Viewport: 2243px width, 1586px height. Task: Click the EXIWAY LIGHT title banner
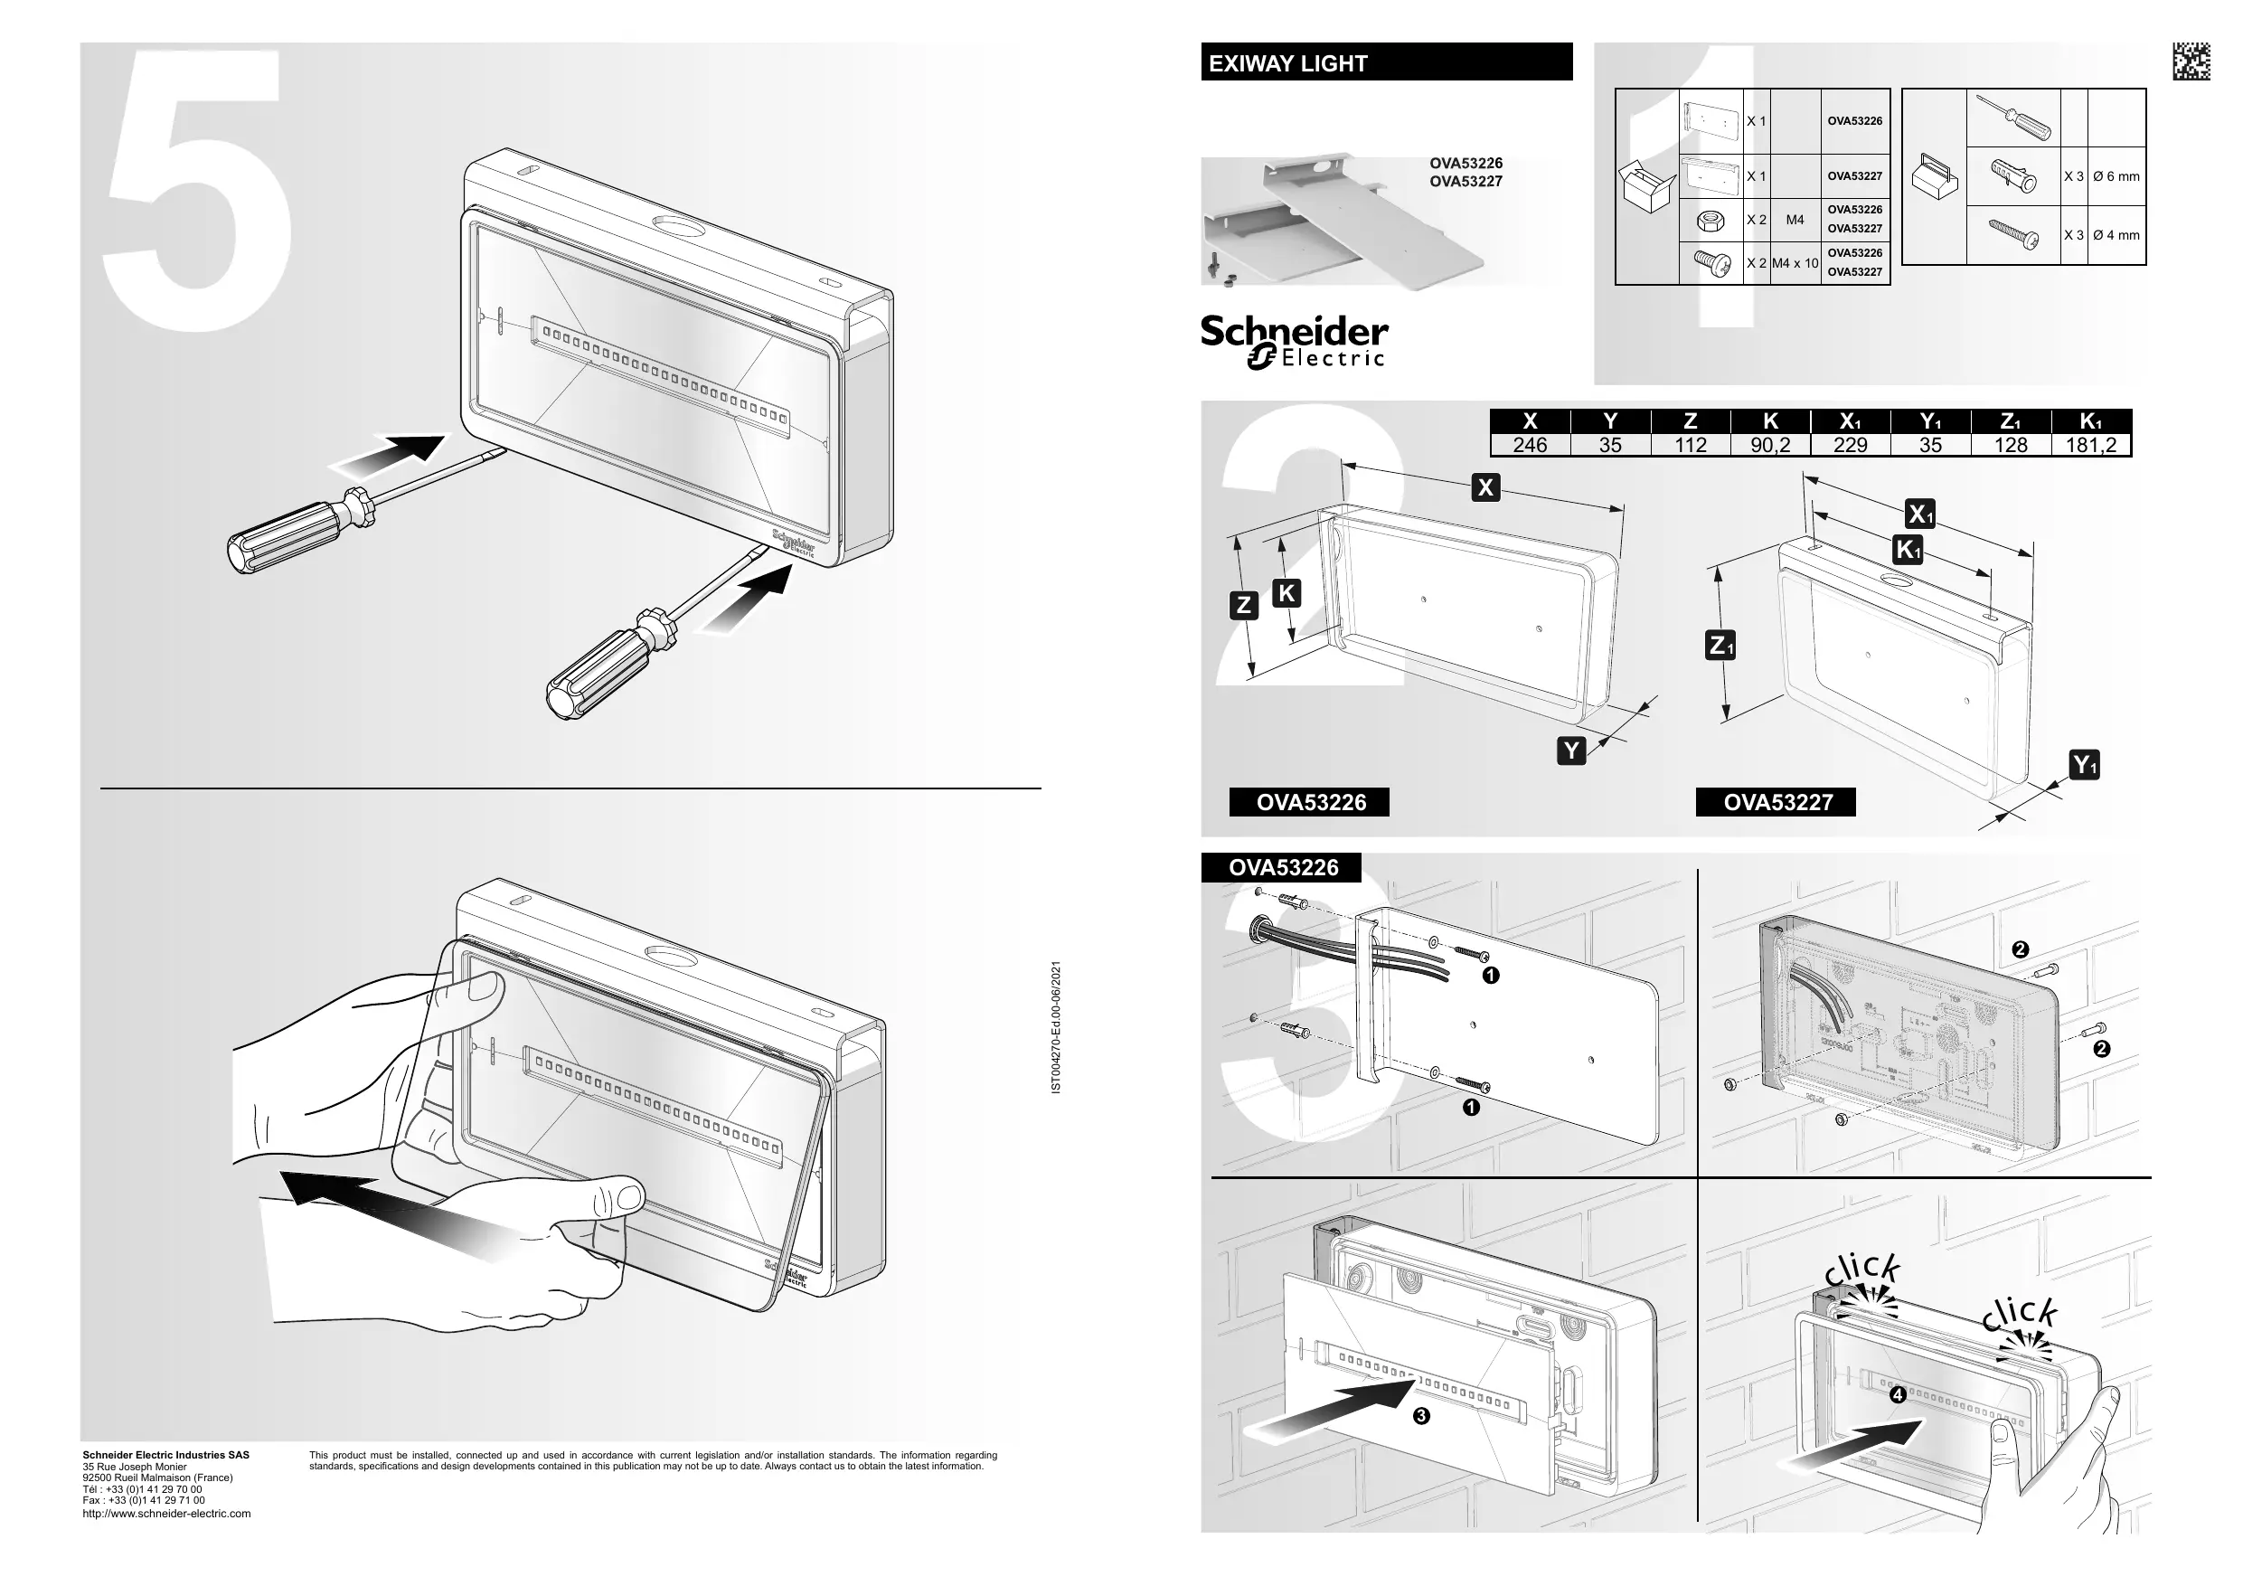(1386, 62)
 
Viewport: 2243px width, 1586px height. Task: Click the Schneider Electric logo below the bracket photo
(1295, 342)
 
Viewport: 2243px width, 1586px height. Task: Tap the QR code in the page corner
(2191, 61)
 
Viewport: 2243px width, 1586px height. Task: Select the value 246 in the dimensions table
(1530, 446)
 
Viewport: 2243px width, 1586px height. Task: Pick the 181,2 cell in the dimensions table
(2090, 446)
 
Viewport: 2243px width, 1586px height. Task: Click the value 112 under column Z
(1690, 446)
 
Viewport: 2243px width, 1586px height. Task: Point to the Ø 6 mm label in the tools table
(2116, 177)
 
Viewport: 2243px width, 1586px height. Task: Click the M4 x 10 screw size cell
(1795, 263)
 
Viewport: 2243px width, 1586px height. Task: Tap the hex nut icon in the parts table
(1711, 220)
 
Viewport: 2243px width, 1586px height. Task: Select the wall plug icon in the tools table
(2013, 177)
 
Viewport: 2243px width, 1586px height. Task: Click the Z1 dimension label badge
(1720, 646)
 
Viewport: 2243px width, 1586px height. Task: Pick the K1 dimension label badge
(1908, 550)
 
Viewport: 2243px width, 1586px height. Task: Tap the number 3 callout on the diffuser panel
(1421, 1416)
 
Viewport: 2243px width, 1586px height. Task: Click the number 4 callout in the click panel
(1897, 1395)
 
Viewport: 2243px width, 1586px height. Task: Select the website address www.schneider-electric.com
(167, 1514)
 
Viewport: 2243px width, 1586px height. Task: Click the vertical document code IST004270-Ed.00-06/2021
(1056, 1028)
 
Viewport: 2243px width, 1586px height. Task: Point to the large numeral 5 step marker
(198, 177)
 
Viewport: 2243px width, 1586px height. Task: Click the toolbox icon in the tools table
(1935, 177)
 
